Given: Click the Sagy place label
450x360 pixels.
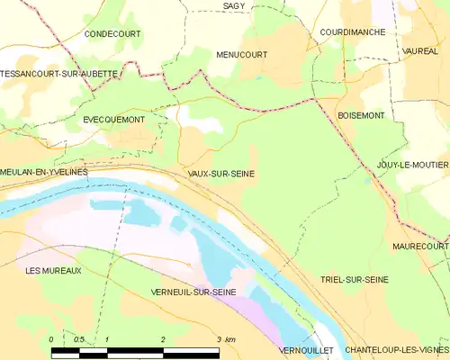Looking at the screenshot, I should coord(233,6).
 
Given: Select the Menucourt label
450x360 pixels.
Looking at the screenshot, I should coord(242,55).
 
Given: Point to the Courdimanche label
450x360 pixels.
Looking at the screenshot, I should coord(353,31).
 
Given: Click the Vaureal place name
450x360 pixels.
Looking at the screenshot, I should coord(421,51).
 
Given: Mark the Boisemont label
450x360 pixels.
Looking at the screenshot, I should coord(361,116).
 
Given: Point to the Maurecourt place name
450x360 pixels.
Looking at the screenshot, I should coord(420,245).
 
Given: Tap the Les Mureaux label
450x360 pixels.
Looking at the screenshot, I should coord(54,270).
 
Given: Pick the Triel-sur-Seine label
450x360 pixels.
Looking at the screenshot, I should coord(355,280).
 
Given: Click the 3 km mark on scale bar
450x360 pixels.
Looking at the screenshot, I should coord(222,339).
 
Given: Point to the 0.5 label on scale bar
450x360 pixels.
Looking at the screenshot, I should coord(79,339).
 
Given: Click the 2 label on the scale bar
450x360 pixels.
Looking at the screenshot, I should coord(163,339).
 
